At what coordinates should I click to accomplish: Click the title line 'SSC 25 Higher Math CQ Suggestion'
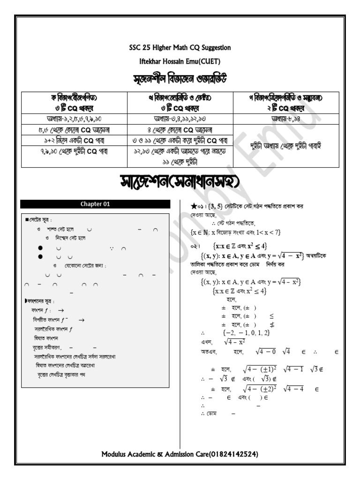(x=180, y=48)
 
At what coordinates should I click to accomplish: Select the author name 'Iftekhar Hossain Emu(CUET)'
(x=180, y=61)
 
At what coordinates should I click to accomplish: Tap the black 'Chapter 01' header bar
(x=95, y=204)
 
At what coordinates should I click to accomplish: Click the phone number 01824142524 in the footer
(x=232, y=455)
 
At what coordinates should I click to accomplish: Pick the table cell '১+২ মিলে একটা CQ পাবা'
(x=75, y=140)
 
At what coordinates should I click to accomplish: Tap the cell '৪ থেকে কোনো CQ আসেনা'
(x=180, y=129)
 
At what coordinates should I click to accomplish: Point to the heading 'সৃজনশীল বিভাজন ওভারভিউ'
(x=180, y=78)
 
